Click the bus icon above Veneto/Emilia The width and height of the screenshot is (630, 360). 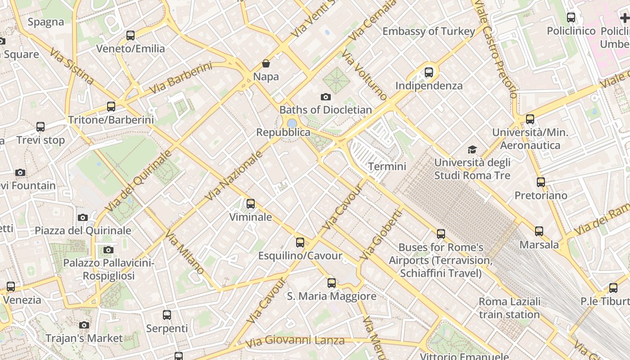pos(130,35)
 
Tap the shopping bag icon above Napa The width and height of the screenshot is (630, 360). pos(266,63)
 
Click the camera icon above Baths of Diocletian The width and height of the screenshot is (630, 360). pos(325,97)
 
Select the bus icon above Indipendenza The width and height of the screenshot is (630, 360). pos(429,72)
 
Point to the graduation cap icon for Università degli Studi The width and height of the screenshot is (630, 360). pos(472,149)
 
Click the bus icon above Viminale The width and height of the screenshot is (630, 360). pos(251,204)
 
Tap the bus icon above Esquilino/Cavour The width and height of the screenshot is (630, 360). pos(300,243)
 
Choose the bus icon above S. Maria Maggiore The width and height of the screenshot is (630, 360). pos(332,283)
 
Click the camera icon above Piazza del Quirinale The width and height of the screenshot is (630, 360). pos(82,218)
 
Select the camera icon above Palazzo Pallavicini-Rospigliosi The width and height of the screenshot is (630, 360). pos(108,250)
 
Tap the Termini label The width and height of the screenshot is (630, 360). pos(387,166)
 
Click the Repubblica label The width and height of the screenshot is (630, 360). pos(283,132)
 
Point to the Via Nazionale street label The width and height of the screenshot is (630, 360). pos(234,176)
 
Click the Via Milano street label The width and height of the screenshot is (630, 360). pos(185,252)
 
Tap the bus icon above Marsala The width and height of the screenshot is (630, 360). pos(539,231)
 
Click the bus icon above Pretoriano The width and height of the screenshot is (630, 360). pos(541,182)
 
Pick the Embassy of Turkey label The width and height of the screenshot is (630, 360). pos(428,31)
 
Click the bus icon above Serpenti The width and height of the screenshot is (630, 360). pos(167,315)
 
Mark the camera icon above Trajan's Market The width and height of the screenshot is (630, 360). pos(84,325)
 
